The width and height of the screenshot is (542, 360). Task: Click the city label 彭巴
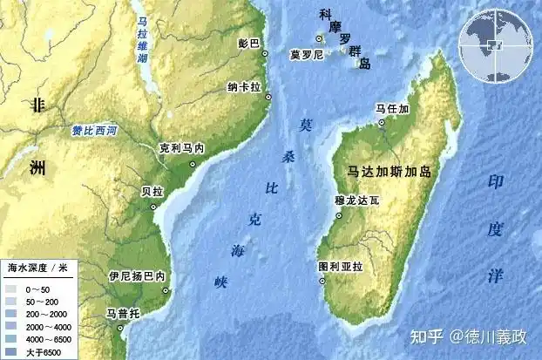[248, 42]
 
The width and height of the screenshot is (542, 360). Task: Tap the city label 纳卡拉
[245, 88]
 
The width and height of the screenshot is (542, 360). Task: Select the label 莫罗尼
[307, 54]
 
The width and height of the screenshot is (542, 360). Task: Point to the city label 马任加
[391, 109]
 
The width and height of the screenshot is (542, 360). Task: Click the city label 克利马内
[181, 149]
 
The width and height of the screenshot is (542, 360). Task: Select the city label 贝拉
[152, 190]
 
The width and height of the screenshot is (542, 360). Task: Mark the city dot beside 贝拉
[153, 206]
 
